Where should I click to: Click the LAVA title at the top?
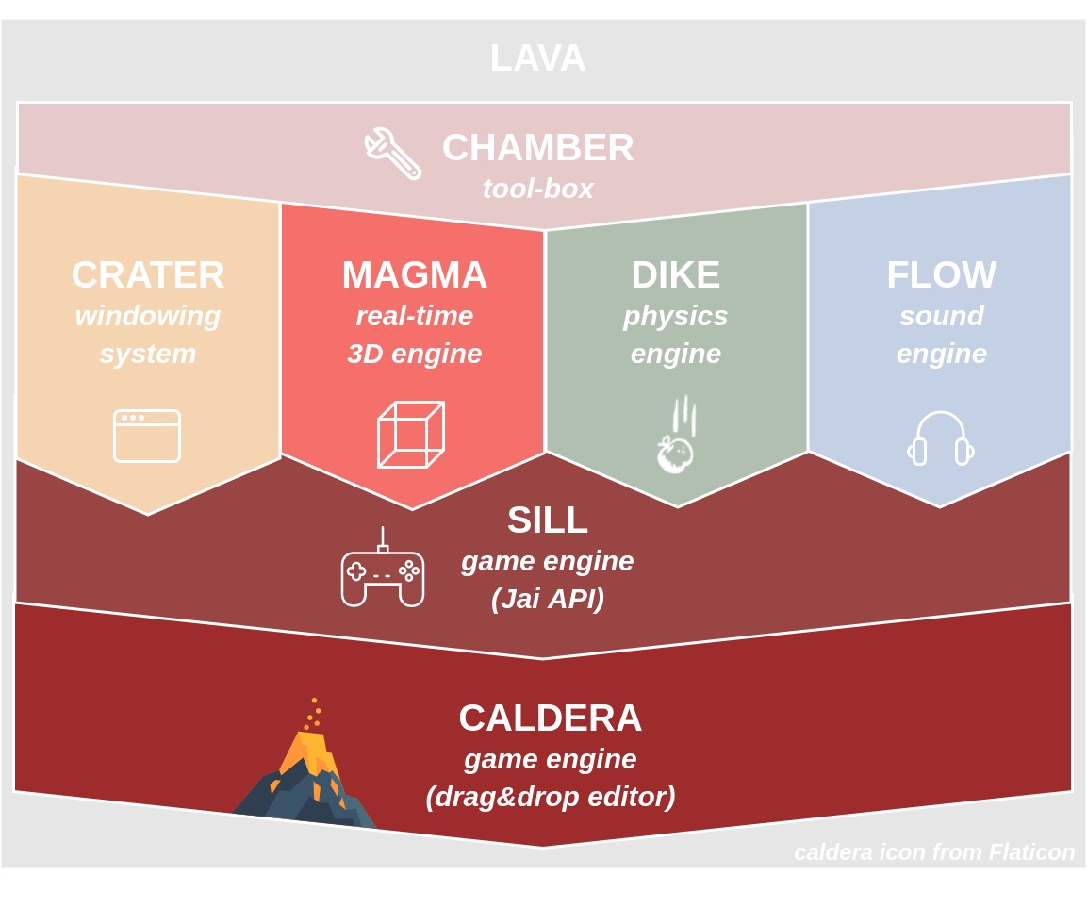point(537,58)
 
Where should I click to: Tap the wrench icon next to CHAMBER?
point(393,153)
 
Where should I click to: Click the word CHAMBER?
point(537,147)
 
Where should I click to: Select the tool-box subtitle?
point(537,189)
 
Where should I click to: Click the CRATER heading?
point(148,274)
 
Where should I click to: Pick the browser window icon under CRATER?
point(147,436)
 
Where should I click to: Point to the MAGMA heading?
point(414,274)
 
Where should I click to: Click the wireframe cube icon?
point(411,435)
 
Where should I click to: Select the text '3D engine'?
point(414,354)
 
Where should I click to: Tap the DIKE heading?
point(675,274)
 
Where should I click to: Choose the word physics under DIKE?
point(675,316)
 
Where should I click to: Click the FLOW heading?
point(941,274)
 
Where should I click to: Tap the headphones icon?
point(941,439)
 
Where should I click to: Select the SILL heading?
point(547,520)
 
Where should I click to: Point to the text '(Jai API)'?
point(547,599)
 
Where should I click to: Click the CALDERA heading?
point(550,718)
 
